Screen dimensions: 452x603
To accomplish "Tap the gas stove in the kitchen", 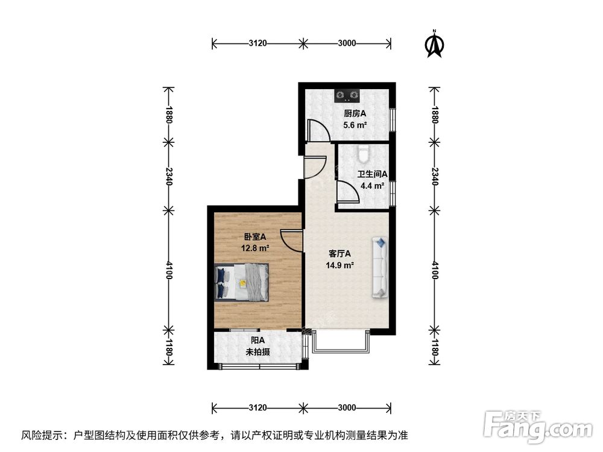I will click(347, 95).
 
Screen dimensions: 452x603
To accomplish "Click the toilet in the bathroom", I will click(362, 155).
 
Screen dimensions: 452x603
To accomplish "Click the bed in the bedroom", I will click(242, 282).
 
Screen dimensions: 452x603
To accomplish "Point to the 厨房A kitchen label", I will click(355, 113).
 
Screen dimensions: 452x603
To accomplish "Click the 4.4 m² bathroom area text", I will click(372, 186).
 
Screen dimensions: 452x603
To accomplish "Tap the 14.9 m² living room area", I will click(340, 265).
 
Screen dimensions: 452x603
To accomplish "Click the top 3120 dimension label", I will click(257, 43).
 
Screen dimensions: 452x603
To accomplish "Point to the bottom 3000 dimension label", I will click(347, 407).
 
